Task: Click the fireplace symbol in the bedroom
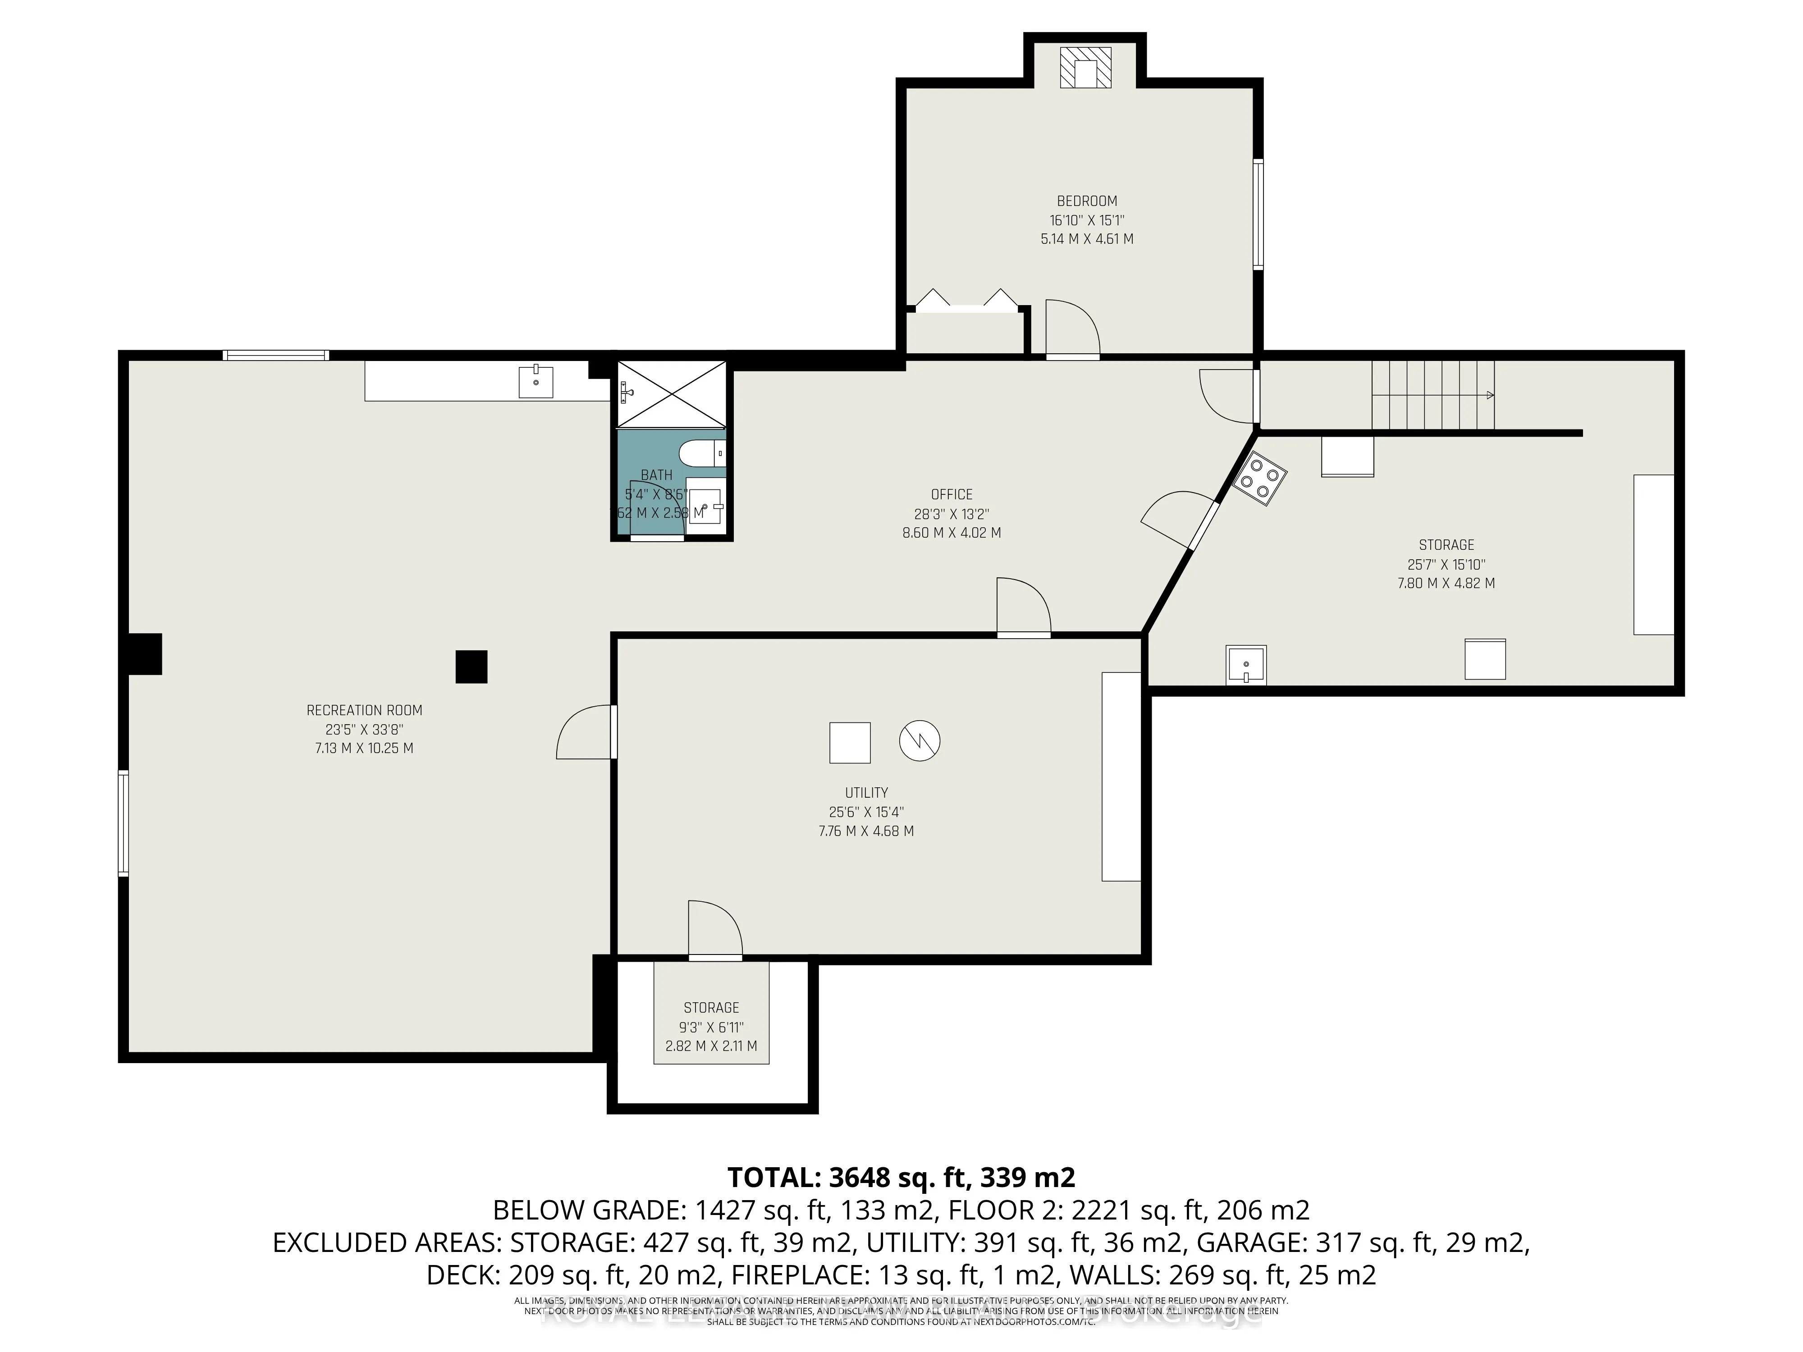coord(1085,68)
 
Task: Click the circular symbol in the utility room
coord(920,742)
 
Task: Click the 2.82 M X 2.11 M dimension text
coord(711,1046)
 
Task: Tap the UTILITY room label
coord(865,793)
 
